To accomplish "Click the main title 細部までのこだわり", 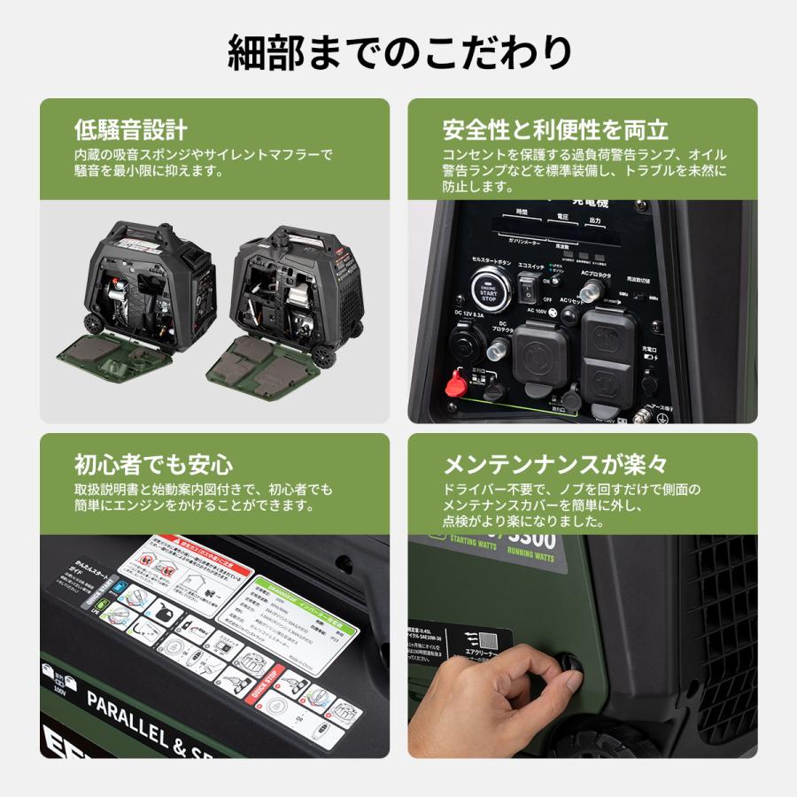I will [x=398, y=52].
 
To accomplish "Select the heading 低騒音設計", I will [x=131, y=130].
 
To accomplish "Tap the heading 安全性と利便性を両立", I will [x=555, y=130].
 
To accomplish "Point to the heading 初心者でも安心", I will [x=154, y=464].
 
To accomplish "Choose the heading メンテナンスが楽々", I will [x=555, y=464].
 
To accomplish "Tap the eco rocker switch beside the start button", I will [x=529, y=287].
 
